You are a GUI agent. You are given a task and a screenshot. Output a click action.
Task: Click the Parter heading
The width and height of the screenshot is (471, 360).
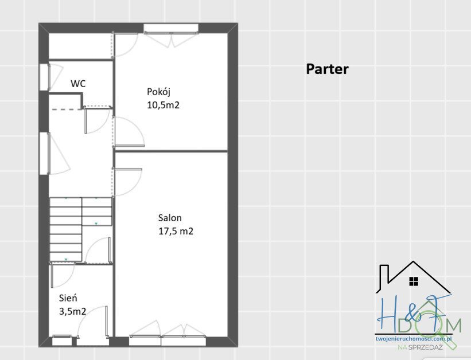(327, 69)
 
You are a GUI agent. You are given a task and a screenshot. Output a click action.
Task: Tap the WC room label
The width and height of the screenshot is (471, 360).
(78, 84)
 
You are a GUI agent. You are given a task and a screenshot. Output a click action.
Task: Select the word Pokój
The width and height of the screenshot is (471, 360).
(159, 92)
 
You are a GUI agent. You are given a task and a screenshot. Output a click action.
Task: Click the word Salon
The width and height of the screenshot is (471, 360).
(170, 218)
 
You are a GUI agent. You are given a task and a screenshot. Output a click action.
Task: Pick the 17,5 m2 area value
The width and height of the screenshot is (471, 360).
(176, 232)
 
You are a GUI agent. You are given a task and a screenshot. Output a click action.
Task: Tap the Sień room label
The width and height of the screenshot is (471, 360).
(68, 298)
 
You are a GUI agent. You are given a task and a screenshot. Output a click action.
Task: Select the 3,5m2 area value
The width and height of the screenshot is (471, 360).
(73, 311)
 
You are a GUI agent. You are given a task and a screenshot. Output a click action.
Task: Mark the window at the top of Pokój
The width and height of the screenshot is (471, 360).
(170, 27)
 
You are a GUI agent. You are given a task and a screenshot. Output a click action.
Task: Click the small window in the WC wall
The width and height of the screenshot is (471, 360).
(44, 77)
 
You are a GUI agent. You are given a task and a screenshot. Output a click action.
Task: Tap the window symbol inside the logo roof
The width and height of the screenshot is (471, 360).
(414, 281)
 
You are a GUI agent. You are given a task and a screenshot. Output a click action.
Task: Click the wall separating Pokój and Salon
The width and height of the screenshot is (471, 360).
(172, 151)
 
